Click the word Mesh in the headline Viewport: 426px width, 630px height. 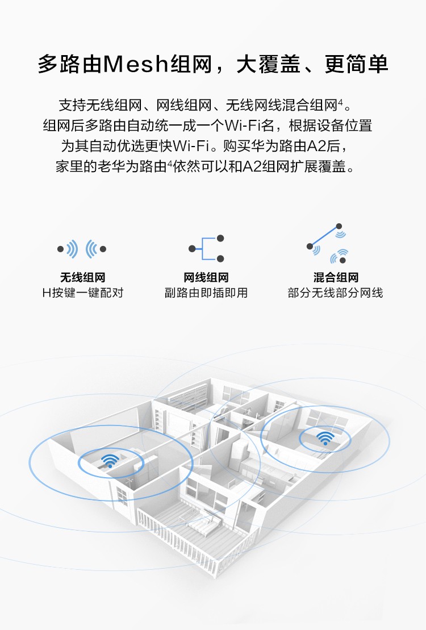click(x=135, y=64)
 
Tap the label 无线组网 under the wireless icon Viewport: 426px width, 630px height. click(x=83, y=277)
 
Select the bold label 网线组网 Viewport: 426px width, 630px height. click(x=206, y=277)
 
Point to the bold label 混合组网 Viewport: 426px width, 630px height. click(x=336, y=277)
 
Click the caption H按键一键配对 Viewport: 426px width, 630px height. click(x=83, y=293)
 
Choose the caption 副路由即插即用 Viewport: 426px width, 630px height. click(x=206, y=293)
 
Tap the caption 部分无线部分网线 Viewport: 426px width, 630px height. click(x=336, y=293)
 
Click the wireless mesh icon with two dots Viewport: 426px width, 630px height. click(x=82, y=249)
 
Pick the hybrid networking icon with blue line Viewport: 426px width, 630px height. click(x=328, y=244)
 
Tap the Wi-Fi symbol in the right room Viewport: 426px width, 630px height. click(x=325, y=438)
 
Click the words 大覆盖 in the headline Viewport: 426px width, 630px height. click(x=268, y=64)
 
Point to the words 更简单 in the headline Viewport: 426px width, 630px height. click(x=357, y=64)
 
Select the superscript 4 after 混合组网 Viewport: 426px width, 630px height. click(x=340, y=102)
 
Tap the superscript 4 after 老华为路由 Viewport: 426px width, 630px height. click(x=170, y=162)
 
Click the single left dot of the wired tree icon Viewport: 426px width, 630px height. click(x=192, y=249)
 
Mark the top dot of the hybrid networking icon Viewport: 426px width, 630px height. click(x=339, y=226)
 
